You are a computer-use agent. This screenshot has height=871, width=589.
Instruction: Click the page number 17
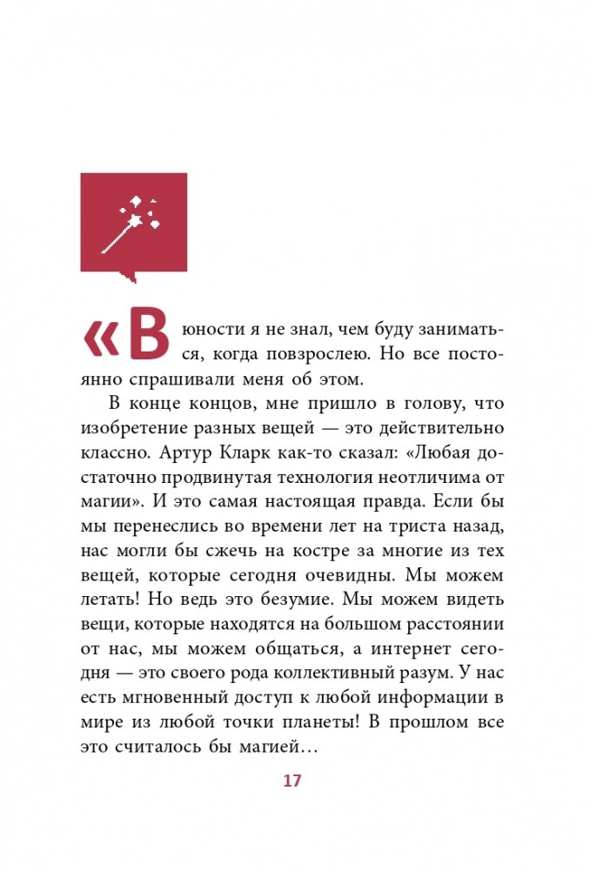pos(291,781)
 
